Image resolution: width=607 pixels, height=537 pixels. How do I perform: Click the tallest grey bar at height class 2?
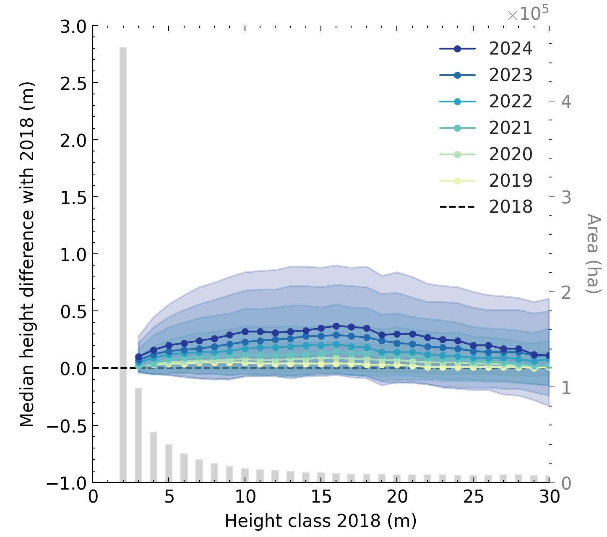123,264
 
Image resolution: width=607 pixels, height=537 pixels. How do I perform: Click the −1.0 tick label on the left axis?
66,483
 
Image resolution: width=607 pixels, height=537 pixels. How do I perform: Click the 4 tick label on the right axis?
566,102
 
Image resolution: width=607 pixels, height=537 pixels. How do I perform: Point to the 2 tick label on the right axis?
566,292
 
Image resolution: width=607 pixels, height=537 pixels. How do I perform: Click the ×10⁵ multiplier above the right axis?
528,14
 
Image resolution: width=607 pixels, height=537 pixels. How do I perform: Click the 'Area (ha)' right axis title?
593,253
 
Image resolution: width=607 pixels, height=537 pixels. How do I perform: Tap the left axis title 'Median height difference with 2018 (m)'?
28,254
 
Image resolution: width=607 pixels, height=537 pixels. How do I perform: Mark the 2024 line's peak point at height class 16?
336,326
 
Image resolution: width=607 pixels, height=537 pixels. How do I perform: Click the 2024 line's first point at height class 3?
139,357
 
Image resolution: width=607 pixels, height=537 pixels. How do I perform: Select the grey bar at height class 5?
169,463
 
